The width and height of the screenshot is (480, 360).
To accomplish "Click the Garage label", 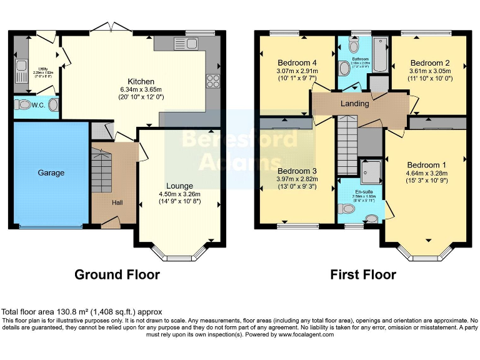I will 51,172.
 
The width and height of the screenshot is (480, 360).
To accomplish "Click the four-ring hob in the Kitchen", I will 211,81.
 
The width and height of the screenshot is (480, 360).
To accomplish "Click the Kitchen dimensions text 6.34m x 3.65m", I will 141,89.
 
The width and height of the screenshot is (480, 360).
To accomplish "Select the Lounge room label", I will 179,186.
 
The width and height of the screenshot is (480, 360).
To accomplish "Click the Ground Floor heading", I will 117,274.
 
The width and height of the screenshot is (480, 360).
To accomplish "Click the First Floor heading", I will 362,274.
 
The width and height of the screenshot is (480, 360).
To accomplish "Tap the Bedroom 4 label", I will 297,62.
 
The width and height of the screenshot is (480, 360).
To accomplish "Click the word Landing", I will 354,104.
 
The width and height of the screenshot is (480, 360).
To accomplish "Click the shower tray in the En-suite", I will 371,169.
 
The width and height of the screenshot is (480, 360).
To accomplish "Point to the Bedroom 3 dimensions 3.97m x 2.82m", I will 297,179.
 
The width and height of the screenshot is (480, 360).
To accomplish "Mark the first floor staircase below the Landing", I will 346,147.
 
